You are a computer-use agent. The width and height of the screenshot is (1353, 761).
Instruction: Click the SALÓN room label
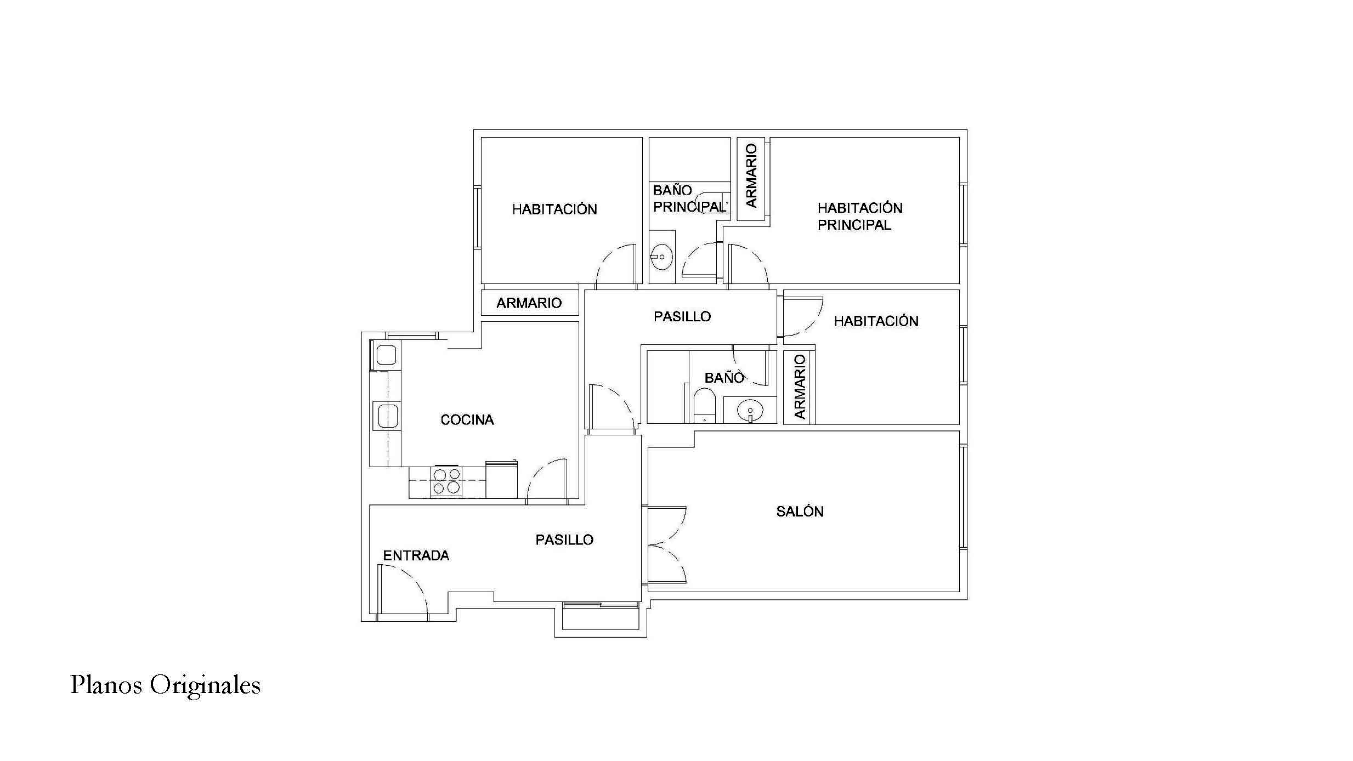tap(800, 512)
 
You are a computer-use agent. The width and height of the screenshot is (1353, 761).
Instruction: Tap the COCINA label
tap(467, 420)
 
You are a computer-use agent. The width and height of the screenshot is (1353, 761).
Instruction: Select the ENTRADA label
tap(416, 556)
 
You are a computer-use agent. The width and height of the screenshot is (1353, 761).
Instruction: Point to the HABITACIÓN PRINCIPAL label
tap(859, 216)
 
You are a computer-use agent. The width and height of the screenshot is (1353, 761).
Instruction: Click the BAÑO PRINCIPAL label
tap(689, 198)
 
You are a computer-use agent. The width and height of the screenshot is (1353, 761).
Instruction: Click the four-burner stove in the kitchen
tap(446, 481)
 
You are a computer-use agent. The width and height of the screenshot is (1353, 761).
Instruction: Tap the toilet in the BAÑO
tap(704, 405)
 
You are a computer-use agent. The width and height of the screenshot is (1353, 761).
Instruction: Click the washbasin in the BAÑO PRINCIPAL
tap(662, 257)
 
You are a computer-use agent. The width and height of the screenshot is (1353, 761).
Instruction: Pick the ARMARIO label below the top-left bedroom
tap(529, 303)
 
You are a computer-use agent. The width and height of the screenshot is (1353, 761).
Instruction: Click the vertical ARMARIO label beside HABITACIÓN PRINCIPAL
tap(751, 176)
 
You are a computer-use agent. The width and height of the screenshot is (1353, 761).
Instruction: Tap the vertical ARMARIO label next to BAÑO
tap(800, 387)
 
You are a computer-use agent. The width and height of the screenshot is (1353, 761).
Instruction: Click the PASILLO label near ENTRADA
tap(564, 540)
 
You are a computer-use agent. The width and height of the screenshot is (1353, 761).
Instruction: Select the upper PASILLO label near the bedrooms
tap(682, 316)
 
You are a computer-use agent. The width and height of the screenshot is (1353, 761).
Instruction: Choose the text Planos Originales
tap(165, 685)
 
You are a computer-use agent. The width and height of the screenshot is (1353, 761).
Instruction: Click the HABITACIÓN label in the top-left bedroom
tap(554, 209)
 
